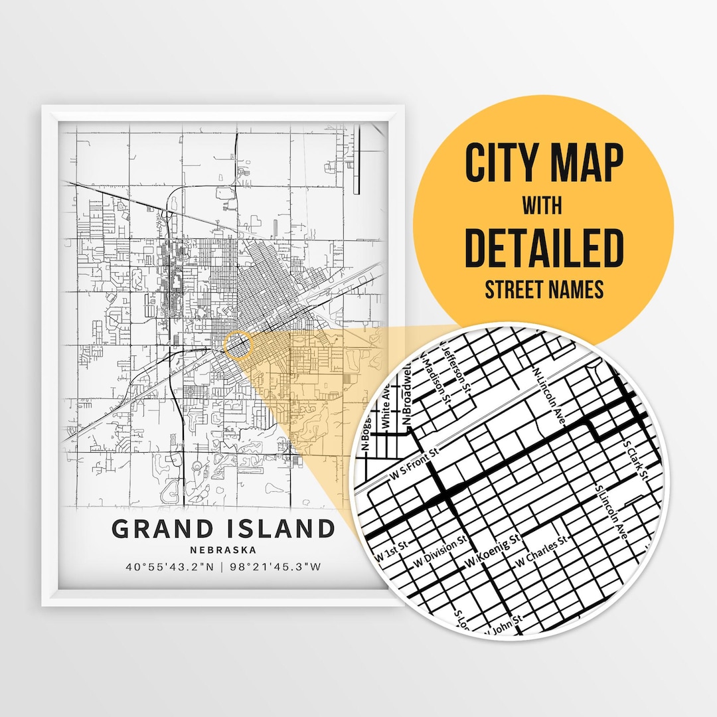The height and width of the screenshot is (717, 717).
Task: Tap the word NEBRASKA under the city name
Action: [222, 550]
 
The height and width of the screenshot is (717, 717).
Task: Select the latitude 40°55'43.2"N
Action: [171, 568]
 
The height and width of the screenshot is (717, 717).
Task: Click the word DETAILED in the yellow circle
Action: [544, 247]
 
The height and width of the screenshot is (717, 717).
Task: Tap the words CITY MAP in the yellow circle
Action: [544, 163]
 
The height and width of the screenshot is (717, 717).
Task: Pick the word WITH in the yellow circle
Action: [542, 206]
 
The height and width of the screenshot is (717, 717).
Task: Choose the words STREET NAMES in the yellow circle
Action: [544, 289]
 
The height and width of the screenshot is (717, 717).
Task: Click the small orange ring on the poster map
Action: [239, 345]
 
